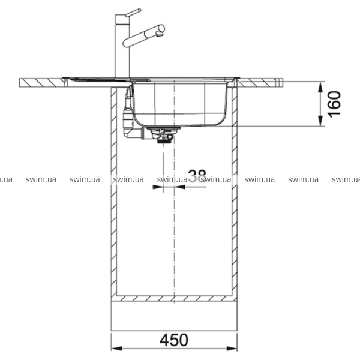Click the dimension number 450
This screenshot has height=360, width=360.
[174, 340]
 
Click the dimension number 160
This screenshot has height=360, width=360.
[334, 104]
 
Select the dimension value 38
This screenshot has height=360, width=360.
[197, 176]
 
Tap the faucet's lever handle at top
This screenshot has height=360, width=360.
[133, 13]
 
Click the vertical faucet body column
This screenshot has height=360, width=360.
[122, 46]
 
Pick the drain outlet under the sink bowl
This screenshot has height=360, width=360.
[163, 135]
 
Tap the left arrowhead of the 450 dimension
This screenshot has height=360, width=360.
[116, 349]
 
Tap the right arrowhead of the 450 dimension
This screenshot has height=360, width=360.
[232, 349]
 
